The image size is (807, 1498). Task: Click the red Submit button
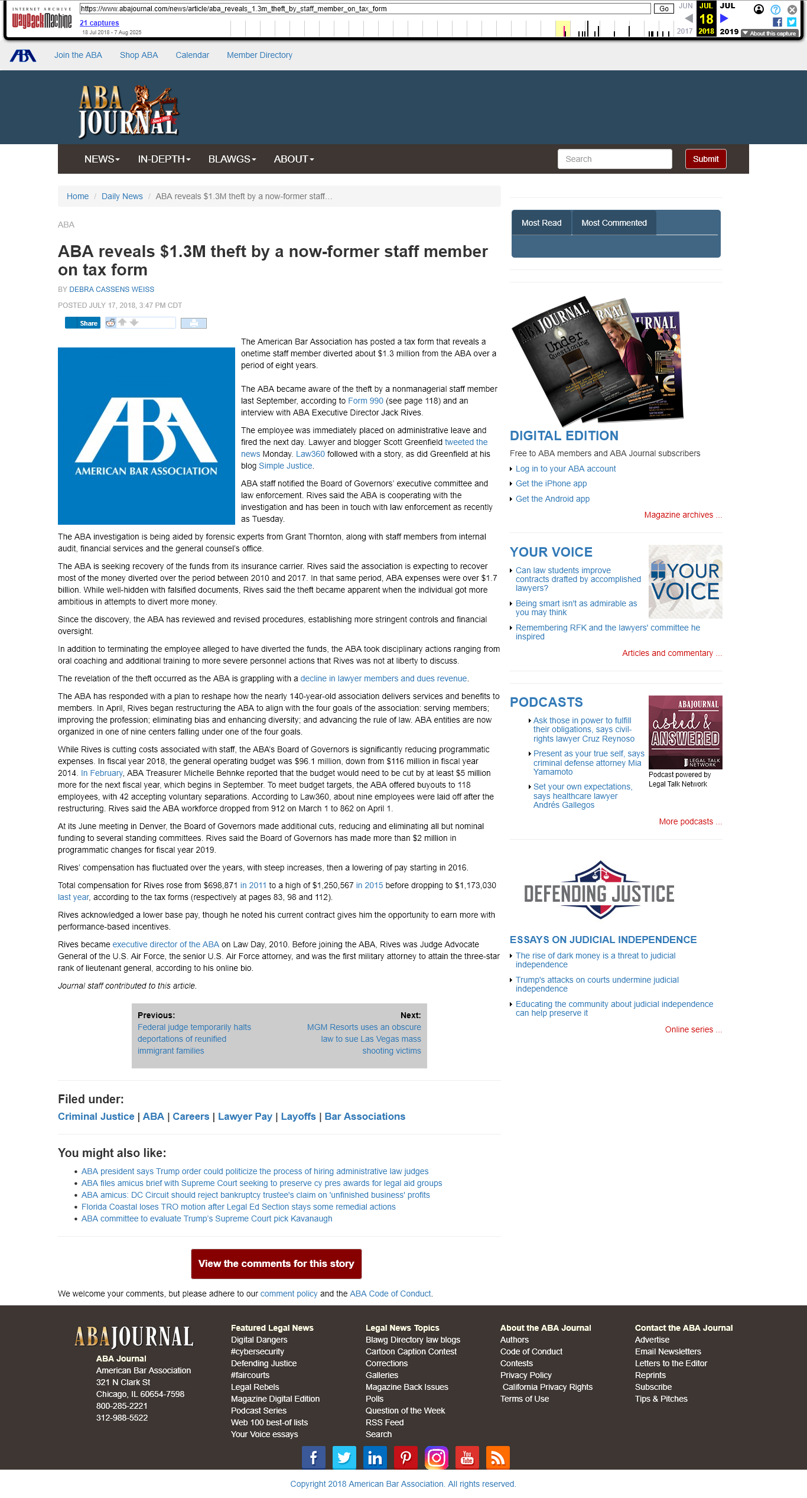705,159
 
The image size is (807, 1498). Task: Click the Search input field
614,159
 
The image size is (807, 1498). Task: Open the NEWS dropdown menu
102,159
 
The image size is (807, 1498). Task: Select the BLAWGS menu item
232,159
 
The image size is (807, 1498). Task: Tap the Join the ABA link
78,55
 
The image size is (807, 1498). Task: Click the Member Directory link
259,55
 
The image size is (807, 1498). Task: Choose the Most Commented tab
614,223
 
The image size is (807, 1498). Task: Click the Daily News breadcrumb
122,196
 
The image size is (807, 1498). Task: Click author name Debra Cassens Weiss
112,290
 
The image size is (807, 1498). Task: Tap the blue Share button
83,323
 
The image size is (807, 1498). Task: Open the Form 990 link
365,401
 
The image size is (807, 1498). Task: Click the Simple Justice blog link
285,466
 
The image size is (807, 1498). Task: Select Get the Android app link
552,499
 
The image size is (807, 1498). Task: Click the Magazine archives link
679,515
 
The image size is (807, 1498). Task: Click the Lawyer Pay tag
245,1116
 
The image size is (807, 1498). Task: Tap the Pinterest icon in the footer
406,1458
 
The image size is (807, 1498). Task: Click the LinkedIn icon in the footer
375,1458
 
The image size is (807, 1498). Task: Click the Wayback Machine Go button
663,9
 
